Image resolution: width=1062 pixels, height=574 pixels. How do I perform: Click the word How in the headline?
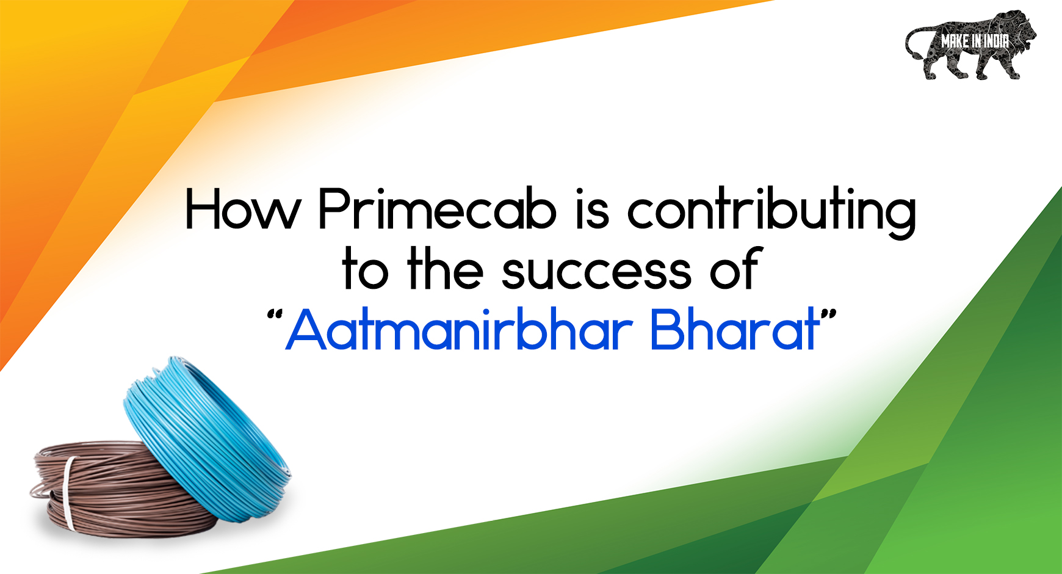point(243,209)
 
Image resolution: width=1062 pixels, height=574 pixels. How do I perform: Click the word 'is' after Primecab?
point(592,209)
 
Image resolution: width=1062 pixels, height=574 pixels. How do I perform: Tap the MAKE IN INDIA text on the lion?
point(975,41)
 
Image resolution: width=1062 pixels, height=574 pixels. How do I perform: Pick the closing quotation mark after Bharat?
point(828,316)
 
